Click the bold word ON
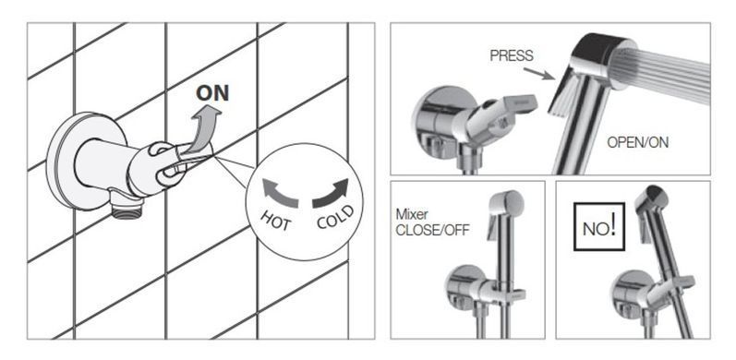tap(212, 93)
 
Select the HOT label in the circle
tap(275, 220)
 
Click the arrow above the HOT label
tap(280, 191)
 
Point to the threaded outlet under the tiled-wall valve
tap(127, 211)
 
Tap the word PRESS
tap(512, 56)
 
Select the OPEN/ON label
tap(637, 142)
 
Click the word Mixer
tap(412, 215)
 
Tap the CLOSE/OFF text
tap(432, 231)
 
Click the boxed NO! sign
tap(599, 227)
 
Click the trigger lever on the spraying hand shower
tap(562, 93)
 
